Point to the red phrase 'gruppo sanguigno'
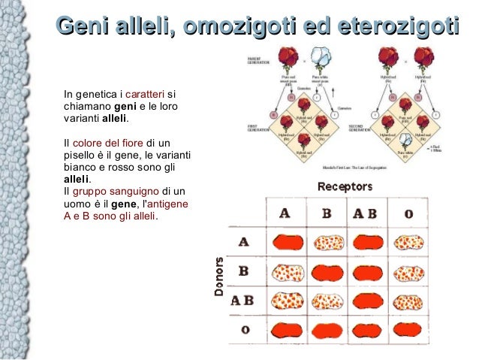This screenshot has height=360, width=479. click(116, 191)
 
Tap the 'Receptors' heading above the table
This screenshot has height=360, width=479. click(345, 186)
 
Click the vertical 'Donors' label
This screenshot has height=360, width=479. click(219, 277)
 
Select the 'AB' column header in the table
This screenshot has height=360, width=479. click(364, 213)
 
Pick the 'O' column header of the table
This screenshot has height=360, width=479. click(408, 213)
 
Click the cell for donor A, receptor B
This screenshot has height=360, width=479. click(327, 242)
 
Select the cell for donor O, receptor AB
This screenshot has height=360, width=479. click(368, 329)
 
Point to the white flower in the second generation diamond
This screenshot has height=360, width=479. click(405, 140)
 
